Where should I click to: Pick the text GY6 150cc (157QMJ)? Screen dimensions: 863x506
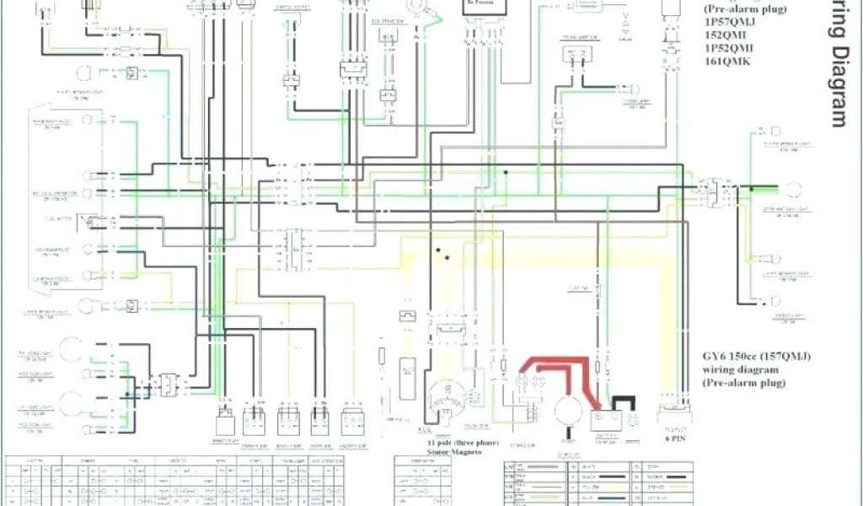coord(756,356)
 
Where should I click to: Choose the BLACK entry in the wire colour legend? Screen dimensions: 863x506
coord(593,476)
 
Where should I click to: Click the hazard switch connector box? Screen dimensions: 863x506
coord(351,418)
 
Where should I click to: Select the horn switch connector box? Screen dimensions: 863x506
coord(320,418)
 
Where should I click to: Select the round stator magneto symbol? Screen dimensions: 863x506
coord(447,396)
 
